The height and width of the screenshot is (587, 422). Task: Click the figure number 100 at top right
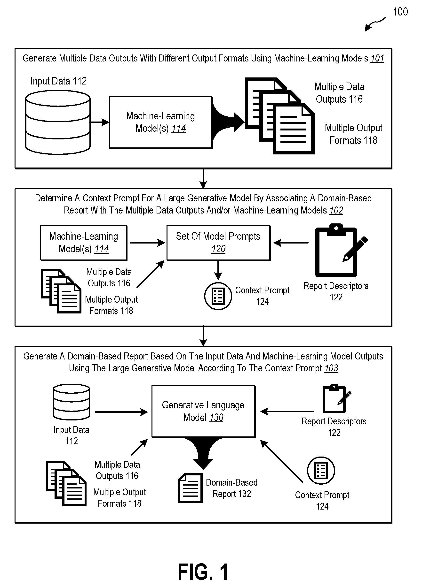point(400,12)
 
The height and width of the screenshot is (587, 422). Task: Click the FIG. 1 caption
point(203,572)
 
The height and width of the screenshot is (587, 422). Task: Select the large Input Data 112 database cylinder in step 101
point(58,122)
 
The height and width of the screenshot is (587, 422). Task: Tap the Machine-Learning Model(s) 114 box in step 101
point(161,122)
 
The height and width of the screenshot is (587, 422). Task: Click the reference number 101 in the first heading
point(377,59)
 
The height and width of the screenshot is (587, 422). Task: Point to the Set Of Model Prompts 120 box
point(218,243)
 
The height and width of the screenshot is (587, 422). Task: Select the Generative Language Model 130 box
point(203,412)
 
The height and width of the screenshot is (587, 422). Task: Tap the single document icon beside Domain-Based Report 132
point(190,488)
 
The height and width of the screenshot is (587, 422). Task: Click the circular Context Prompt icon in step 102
point(218,296)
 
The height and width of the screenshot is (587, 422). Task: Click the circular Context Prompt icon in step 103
point(321,471)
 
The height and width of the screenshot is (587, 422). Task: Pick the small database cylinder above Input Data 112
point(71,402)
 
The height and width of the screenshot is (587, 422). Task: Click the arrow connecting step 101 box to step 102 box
point(203,179)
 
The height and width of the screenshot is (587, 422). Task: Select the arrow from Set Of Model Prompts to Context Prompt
point(218,270)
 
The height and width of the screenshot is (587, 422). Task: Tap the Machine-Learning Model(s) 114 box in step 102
point(84,243)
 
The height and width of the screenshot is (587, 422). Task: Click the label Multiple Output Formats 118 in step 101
point(354,134)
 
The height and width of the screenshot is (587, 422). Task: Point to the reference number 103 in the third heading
point(331,368)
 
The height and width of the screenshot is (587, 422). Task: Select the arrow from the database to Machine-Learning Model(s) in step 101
point(100,122)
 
